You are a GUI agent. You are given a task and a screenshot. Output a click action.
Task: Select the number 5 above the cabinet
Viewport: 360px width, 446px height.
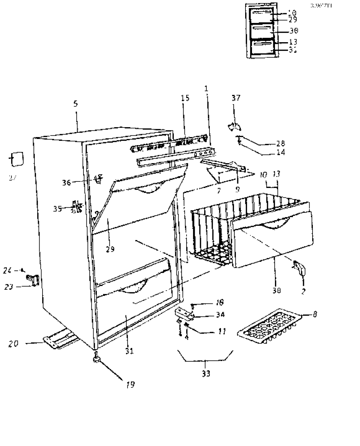pyautogui.click(x=76, y=104)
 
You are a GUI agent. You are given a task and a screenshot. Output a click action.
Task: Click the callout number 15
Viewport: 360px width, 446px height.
pyautogui.click(x=185, y=98)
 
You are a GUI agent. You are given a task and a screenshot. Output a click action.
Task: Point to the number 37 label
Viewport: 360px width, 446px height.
pyautogui.click(x=236, y=98)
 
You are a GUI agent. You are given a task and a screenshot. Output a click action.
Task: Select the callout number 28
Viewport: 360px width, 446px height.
pyautogui.click(x=280, y=143)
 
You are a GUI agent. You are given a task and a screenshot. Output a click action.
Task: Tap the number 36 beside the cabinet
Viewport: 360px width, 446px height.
pyautogui.click(x=66, y=182)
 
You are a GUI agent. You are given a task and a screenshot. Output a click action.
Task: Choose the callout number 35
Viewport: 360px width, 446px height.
pyautogui.click(x=58, y=208)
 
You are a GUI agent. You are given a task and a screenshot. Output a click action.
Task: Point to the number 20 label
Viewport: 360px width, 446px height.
pyautogui.click(x=13, y=344)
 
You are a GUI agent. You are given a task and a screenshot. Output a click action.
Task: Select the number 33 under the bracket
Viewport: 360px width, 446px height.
pyautogui.click(x=206, y=373)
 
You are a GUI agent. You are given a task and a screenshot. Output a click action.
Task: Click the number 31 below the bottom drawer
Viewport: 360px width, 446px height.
pyautogui.click(x=130, y=351)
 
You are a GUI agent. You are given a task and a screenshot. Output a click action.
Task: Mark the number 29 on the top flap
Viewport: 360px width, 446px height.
pyautogui.click(x=110, y=249)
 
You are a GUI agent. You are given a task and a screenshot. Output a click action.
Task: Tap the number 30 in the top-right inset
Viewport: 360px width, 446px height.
pyautogui.click(x=294, y=31)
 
